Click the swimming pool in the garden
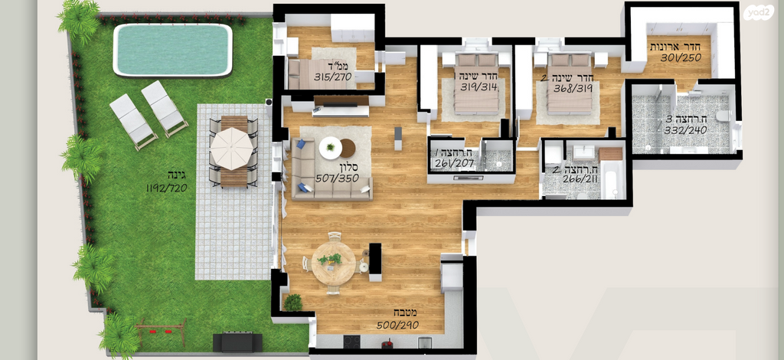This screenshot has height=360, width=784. pos(172,50)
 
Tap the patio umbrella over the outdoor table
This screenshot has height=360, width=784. pos(231,149)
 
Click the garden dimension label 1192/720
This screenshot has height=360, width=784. pos(166,188)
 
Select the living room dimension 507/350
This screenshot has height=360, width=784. pos(336,178)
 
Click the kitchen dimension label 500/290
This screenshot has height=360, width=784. pos(397,325)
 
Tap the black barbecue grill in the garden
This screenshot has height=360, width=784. pos(237,342)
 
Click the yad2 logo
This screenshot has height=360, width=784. pos(758,12)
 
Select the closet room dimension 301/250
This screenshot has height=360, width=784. pos(681,57)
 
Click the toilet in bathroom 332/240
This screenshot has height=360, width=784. pos(722,116)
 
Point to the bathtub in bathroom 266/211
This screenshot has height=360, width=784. pos(612,180)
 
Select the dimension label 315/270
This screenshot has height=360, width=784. pos(333,77)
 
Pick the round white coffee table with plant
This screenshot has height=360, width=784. pos(331,148)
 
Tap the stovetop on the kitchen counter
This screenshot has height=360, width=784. pos(351,342)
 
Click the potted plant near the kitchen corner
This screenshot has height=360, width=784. pos(293,303)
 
